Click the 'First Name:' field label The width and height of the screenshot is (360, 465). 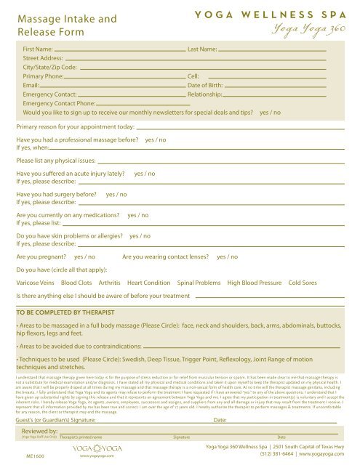pos(38,49)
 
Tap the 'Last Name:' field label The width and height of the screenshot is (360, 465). pos(202,49)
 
